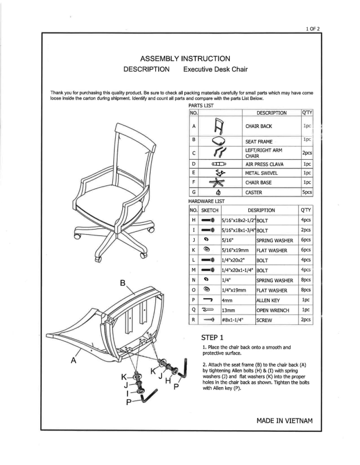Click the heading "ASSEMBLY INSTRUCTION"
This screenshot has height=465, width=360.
[186, 58]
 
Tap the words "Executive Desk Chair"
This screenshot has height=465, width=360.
[215, 70]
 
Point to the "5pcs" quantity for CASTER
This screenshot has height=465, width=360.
[307, 192]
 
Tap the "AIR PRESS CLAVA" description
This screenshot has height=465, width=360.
[268, 163]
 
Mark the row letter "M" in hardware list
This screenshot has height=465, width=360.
[193, 270]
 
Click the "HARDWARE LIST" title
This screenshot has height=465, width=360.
[208, 201]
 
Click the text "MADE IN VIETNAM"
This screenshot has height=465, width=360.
[284, 420]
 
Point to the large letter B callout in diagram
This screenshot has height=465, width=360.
[123, 284]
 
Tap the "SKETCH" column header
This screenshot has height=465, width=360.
[210, 210]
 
